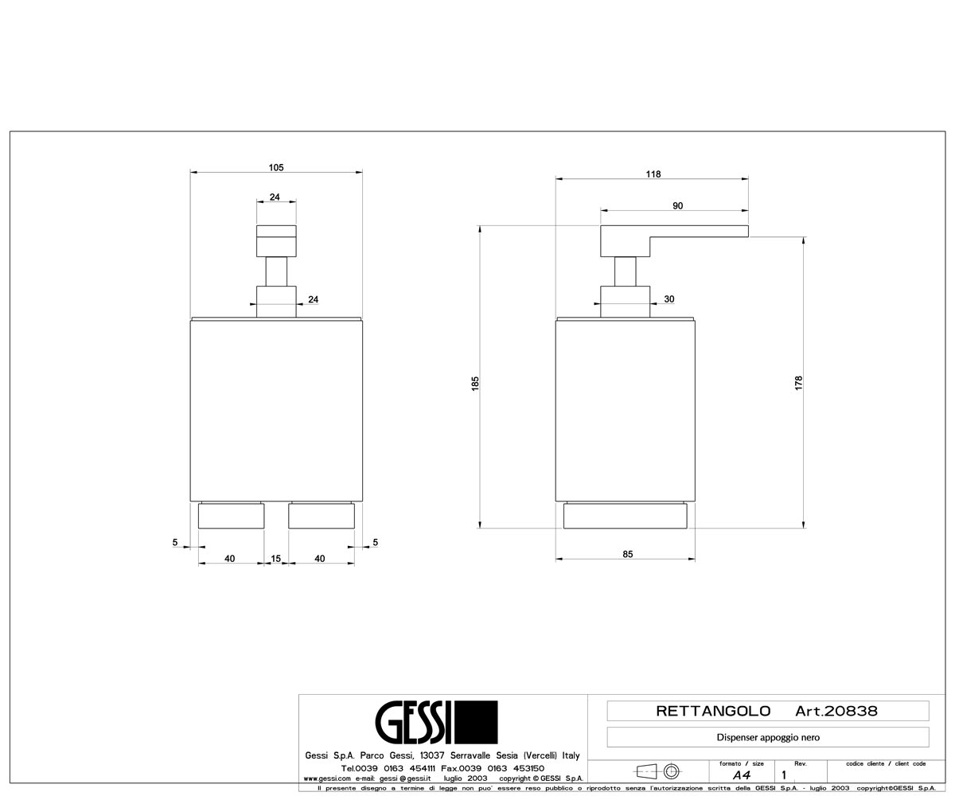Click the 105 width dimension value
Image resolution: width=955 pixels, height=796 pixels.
click(x=276, y=167)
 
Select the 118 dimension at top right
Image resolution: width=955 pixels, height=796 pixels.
click(x=653, y=174)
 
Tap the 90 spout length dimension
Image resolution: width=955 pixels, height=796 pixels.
click(x=677, y=206)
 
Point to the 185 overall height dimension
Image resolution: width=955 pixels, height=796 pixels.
click(x=475, y=383)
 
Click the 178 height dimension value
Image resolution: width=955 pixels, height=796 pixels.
click(x=798, y=382)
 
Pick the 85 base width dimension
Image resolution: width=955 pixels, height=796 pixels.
click(x=628, y=554)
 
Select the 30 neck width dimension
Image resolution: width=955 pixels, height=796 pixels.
click(x=669, y=299)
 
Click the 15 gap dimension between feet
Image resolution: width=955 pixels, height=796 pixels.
click(x=276, y=559)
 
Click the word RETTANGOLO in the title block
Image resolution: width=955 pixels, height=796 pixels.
click(x=713, y=711)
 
